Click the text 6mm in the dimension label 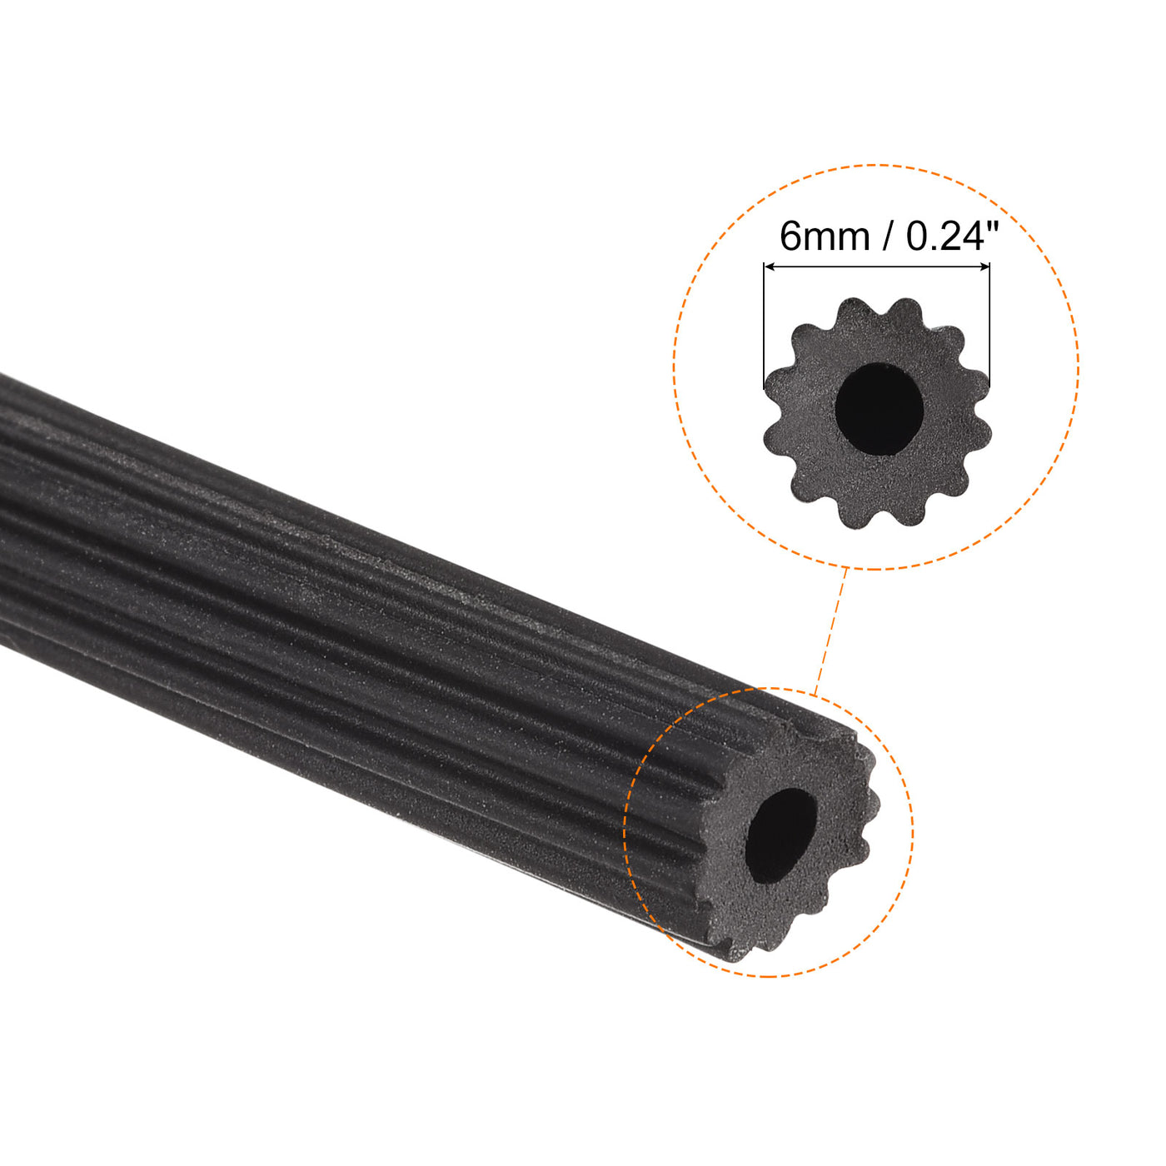coord(825,237)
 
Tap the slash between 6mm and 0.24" coord(888,237)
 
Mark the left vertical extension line coord(764,325)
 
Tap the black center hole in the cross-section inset coord(879,409)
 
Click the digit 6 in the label coord(790,237)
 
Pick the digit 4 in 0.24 coord(969,237)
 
